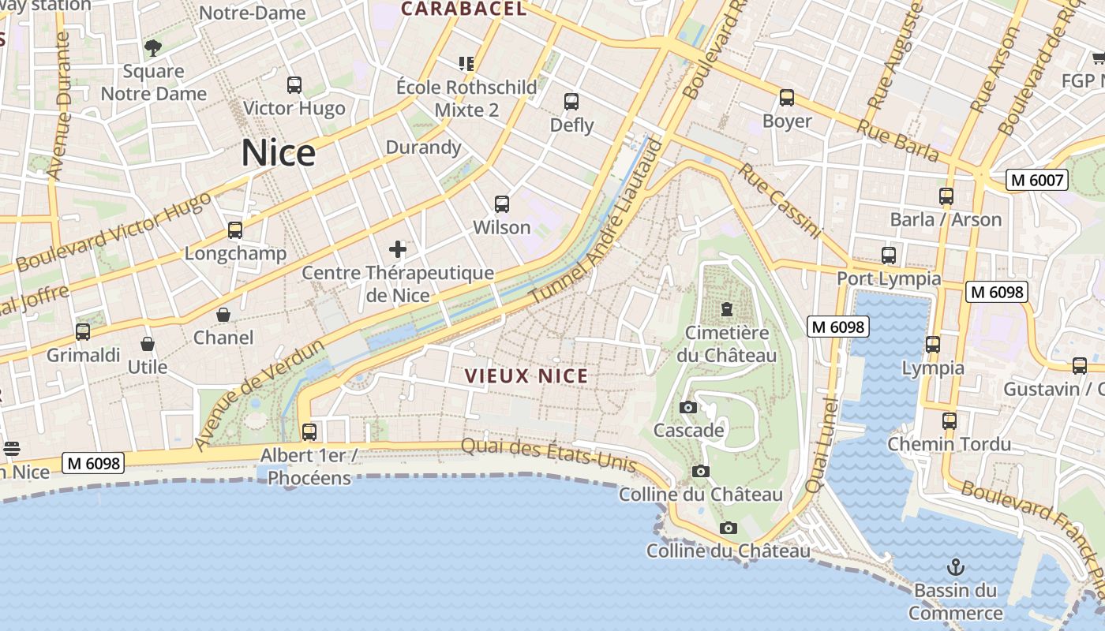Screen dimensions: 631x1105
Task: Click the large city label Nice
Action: point(278,152)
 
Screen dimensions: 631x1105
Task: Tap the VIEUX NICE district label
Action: point(526,375)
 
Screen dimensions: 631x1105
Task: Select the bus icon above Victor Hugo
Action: point(294,84)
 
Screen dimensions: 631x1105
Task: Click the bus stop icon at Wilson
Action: point(501,204)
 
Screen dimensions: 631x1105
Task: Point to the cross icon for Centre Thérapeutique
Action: point(398,250)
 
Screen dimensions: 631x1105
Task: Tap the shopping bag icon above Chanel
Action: point(223,315)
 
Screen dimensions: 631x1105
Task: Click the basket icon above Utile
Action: point(147,344)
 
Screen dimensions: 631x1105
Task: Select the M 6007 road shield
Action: point(1038,180)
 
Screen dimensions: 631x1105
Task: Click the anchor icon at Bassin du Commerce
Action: point(955,566)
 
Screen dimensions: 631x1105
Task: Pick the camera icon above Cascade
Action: point(688,407)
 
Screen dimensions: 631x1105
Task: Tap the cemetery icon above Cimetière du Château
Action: point(726,308)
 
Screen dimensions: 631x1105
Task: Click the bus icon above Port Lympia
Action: point(889,255)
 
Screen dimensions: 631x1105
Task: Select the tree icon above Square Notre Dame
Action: point(153,47)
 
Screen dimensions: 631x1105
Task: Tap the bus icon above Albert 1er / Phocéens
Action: point(309,431)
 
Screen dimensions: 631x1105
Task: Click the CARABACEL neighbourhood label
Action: point(463,9)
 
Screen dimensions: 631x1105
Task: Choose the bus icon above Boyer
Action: point(786,98)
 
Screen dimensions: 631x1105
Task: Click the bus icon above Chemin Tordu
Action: point(949,420)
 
